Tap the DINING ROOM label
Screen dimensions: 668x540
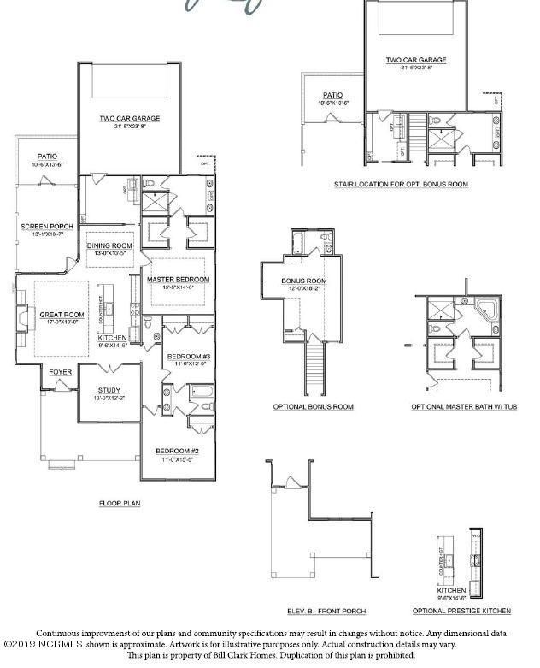[x=110, y=246]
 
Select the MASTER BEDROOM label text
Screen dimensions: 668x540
[x=178, y=280]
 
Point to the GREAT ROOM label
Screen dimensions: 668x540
[x=59, y=315]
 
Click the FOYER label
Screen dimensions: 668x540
[x=60, y=372]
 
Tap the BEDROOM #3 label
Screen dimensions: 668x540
[x=185, y=356]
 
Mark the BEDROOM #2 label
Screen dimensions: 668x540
[x=176, y=452]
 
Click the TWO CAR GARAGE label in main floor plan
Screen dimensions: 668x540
[x=130, y=119]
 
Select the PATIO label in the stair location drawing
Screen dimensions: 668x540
[x=332, y=96]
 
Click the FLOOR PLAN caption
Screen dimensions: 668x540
[x=119, y=504]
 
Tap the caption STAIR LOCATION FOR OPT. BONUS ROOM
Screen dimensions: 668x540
[x=401, y=184]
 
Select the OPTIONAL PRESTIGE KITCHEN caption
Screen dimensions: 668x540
[x=461, y=611]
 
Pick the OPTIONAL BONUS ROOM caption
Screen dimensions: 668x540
[x=313, y=406]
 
